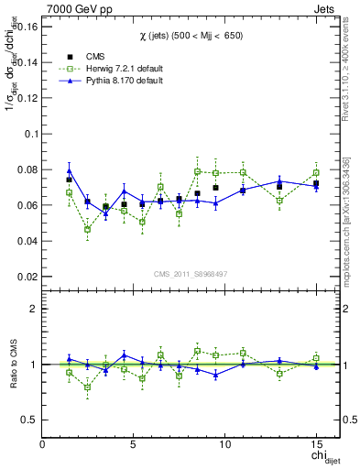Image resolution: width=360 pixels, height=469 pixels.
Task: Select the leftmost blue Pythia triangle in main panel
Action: pos(69,171)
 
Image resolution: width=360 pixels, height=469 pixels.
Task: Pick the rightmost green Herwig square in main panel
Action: pos(316,172)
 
